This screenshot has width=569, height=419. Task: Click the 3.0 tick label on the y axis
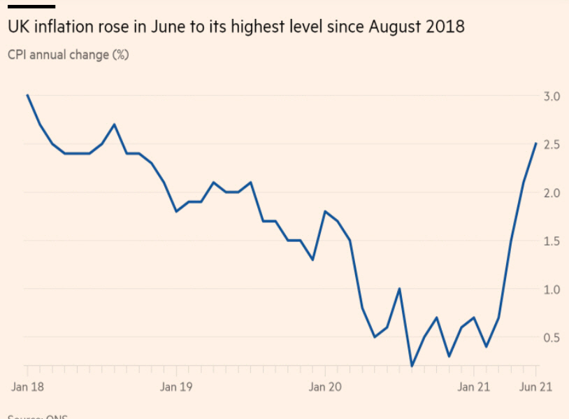tap(552, 96)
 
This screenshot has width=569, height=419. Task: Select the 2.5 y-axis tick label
tap(552, 144)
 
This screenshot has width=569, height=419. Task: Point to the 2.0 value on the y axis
tap(552, 192)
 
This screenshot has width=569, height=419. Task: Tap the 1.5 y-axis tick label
tap(552, 241)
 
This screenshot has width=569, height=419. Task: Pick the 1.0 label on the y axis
tap(552, 289)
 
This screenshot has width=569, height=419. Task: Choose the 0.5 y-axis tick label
tap(552, 337)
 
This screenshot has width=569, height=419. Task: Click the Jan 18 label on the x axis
tap(27, 386)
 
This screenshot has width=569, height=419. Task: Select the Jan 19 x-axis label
tap(176, 386)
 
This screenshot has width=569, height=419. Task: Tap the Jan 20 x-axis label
tap(326, 386)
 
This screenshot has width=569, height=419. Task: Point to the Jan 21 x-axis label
tap(475, 386)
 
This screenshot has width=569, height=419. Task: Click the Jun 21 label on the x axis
tap(537, 386)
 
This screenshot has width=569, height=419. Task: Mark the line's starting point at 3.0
tap(27, 95)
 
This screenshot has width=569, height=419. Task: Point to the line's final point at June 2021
tap(536, 143)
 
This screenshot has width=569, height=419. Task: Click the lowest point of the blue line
tap(412, 366)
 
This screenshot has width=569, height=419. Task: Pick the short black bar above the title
tap(31, 7)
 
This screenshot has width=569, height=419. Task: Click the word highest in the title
tap(266, 28)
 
